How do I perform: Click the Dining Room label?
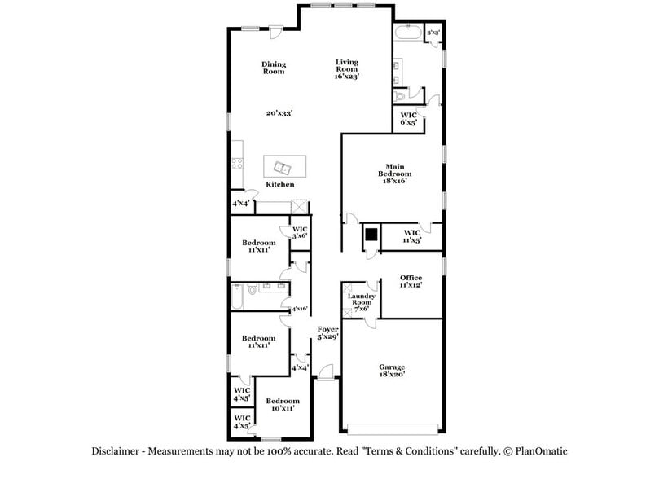point(273,68)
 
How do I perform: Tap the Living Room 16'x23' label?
point(347,68)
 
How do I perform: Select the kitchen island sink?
point(283,168)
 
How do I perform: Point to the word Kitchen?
point(280,185)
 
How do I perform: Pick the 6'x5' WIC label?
point(408,119)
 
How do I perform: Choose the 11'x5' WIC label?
point(411,236)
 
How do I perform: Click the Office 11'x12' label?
point(411,282)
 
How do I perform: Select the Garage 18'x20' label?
point(392,371)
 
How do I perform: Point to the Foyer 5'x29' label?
point(327,332)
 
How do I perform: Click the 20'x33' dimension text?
point(280,113)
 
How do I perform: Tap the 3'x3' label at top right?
point(434,32)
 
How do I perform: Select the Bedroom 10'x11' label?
point(283,404)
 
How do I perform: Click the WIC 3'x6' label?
point(300,232)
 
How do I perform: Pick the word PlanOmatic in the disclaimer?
point(537,450)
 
